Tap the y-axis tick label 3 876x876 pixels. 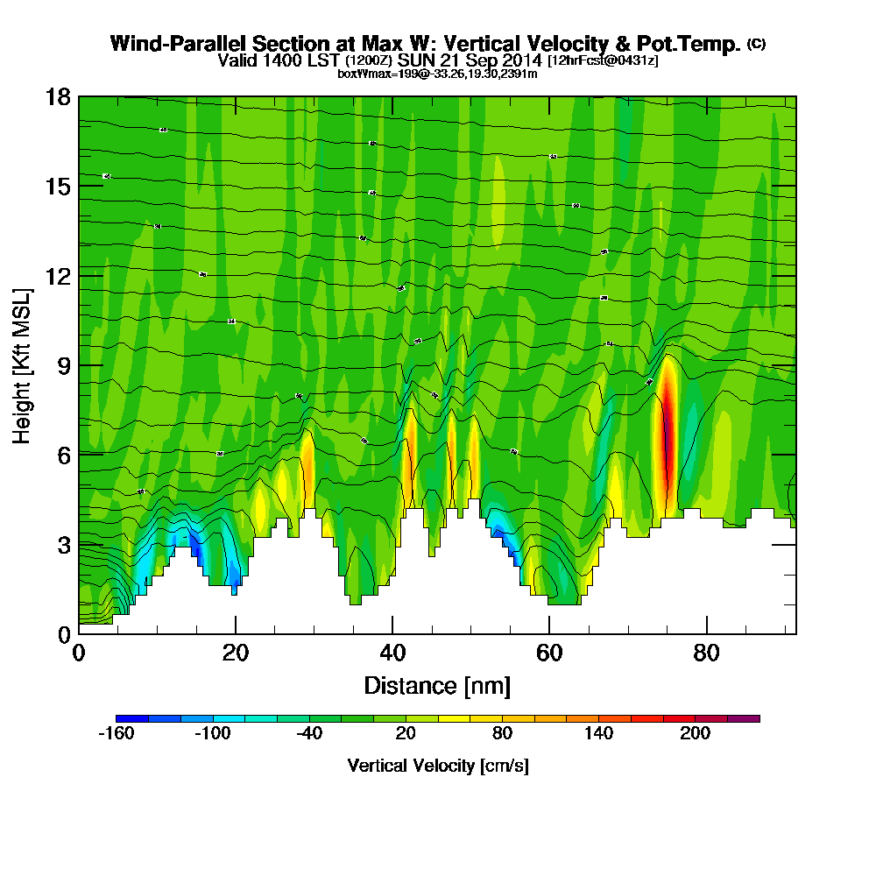coord(63,544)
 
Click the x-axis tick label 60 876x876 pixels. coord(549,653)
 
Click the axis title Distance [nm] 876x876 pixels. coord(437,685)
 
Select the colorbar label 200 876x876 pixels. coord(696,733)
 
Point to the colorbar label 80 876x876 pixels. coord(502,733)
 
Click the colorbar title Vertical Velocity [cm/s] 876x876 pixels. coord(437,766)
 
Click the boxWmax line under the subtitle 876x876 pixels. coord(437,74)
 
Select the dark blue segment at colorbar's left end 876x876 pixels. coord(131,718)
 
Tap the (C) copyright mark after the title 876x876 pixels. coord(756,43)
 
